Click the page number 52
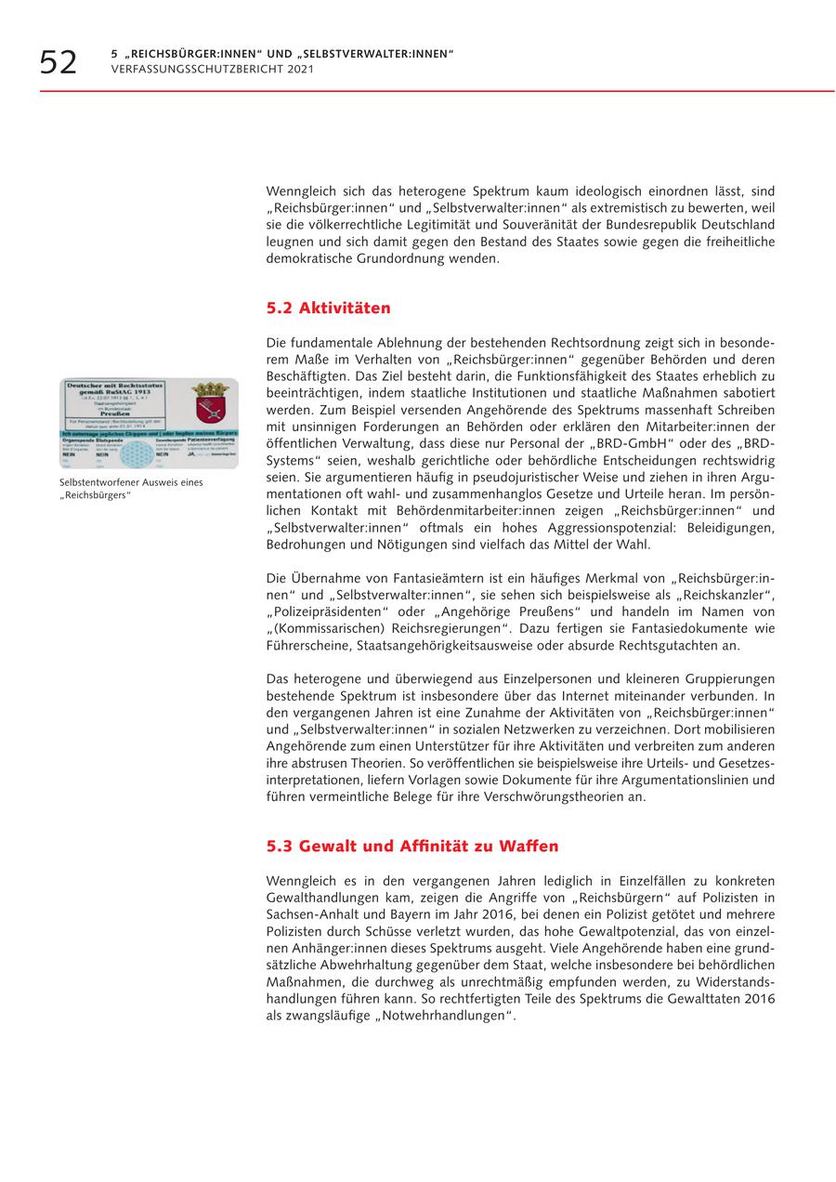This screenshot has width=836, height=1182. [59, 62]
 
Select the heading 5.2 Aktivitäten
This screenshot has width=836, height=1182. [328, 309]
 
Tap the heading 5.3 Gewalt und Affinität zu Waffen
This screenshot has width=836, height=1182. [412, 847]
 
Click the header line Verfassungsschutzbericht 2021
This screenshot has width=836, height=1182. [213, 70]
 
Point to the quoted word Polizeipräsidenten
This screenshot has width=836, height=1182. [329, 612]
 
